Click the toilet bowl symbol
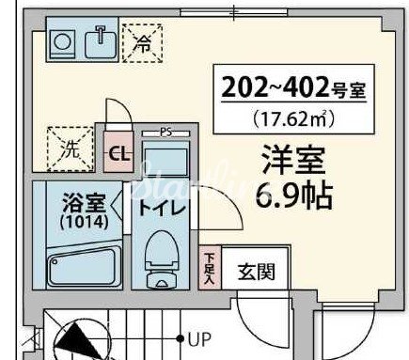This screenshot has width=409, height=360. pos(165,257)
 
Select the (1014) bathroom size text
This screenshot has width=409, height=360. pos(84,223)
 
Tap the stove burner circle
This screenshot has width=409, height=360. pos(63,42)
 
